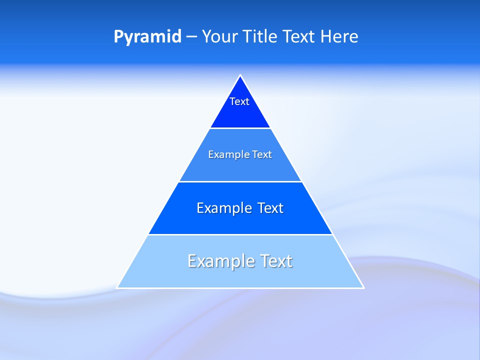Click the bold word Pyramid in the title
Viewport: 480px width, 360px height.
point(147,37)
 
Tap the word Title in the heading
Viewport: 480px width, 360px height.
point(261,37)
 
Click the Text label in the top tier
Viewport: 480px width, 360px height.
point(239,101)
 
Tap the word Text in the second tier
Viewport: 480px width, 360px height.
point(262,154)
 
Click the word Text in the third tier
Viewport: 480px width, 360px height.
point(270,208)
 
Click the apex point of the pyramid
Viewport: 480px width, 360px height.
point(240,76)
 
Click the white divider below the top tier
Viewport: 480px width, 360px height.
point(240,128)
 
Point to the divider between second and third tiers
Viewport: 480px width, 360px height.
point(240,181)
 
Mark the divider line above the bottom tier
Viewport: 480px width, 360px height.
point(240,234)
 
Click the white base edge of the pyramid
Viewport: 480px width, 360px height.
point(240,288)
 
